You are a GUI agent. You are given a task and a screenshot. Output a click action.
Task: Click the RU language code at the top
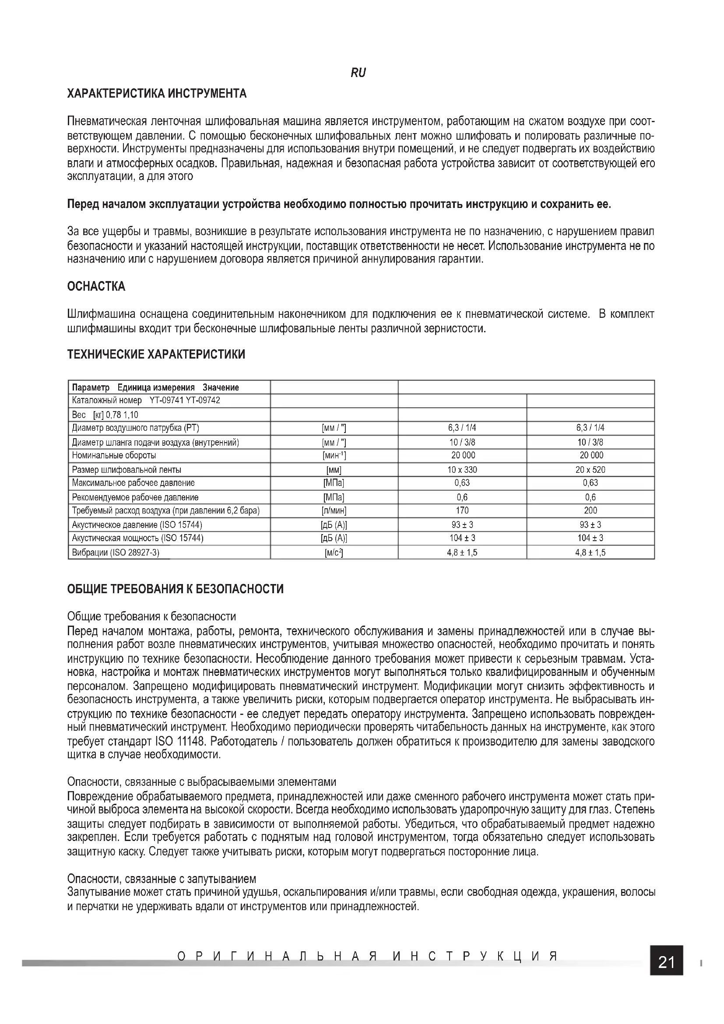pos(358,73)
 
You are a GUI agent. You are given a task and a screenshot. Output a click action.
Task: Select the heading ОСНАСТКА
pos(96,286)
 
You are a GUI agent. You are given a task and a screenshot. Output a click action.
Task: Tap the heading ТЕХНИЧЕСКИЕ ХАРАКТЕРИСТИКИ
pos(156,355)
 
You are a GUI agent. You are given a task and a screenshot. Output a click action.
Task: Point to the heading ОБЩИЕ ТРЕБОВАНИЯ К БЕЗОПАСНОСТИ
pos(175,589)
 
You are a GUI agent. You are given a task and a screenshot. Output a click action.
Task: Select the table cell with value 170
pos(462,510)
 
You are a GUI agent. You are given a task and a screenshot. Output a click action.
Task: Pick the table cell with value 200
pos(590,510)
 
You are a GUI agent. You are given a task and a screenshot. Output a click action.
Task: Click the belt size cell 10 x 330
pos(462,470)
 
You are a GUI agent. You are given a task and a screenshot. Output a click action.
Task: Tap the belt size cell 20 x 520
pos(590,470)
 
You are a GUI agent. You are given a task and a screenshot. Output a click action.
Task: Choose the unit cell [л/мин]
pos(334,510)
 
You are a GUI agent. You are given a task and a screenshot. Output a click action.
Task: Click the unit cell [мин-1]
pos(334,456)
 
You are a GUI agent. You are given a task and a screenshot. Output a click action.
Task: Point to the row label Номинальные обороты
pos(114,456)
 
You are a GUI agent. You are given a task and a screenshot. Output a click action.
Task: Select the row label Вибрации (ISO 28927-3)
pos(116,552)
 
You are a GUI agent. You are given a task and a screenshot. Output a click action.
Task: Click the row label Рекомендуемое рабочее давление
pos(135,497)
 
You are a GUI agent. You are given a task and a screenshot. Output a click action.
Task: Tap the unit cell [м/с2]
pos(334,552)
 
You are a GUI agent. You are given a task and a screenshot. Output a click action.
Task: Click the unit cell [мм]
pos(334,470)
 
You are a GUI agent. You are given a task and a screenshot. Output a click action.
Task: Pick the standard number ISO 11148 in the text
pos(180,742)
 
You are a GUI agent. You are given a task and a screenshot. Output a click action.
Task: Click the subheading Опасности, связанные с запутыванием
pos(162,879)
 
